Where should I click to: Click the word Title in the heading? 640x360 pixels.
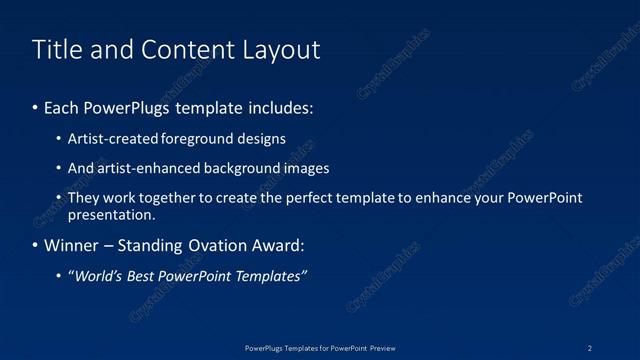click(57, 49)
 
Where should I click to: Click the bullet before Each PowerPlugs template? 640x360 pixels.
click(36, 105)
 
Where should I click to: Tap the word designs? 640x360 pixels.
click(260, 139)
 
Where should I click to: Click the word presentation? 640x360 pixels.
click(111, 214)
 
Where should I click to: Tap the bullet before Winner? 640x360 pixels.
click(36, 246)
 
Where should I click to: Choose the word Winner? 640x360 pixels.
click(71, 246)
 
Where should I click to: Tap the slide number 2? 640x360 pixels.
click(590, 347)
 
